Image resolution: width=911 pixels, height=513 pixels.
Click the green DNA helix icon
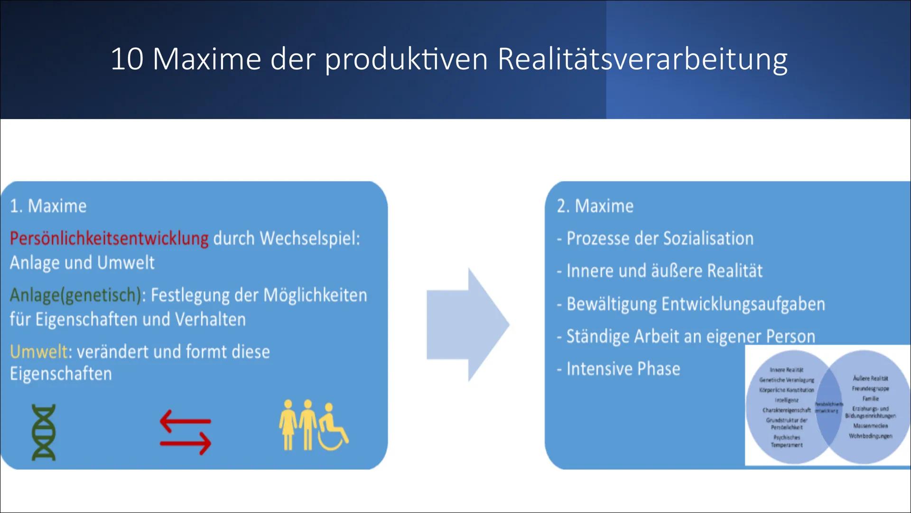[44, 432]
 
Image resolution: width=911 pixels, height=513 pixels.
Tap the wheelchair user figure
[332, 427]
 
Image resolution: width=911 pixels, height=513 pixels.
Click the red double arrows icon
[186, 432]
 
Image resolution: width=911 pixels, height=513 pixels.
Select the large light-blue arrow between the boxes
[467, 325]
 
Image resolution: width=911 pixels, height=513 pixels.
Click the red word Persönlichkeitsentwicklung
[109, 238]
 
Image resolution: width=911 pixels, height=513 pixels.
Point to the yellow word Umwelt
[38, 352]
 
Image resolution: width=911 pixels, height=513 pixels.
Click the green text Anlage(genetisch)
[75, 295]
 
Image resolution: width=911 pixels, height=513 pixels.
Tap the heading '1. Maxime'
[48, 206]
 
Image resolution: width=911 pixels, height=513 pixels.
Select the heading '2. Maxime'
[595, 206]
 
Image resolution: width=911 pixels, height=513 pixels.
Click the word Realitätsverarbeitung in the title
[642, 60]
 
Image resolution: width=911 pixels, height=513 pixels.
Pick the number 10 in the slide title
[127, 60]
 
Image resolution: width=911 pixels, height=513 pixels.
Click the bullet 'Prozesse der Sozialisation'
[660, 238]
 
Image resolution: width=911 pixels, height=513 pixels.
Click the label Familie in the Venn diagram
[871, 399]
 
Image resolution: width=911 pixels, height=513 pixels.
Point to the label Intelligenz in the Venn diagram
[786, 400]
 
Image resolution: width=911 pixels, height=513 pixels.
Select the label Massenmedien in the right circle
[870, 426]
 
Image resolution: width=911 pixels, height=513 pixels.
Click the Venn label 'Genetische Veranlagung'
[787, 380]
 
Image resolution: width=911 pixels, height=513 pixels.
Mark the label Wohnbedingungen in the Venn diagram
[870, 436]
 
